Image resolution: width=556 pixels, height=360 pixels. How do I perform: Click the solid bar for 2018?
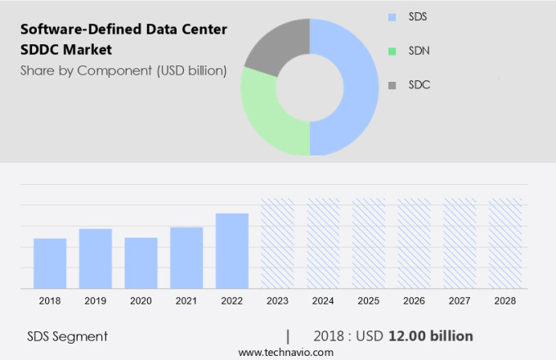(x=50, y=263)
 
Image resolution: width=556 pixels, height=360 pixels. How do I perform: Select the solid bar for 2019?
(x=96, y=258)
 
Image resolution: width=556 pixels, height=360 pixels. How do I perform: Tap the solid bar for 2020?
(x=141, y=263)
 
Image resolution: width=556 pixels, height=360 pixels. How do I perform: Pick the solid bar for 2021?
(x=186, y=257)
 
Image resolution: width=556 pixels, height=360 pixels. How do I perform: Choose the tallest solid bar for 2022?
(x=232, y=250)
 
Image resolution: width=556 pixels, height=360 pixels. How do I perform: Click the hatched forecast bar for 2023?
(x=277, y=243)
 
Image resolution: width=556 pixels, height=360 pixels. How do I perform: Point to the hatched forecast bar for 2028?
(x=505, y=243)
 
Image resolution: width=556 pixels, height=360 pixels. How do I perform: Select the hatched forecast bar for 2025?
(x=369, y=243)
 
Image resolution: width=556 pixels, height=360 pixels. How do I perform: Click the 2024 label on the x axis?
(x=323, y=301)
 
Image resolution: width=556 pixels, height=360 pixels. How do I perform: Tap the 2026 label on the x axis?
(x=415, y=301)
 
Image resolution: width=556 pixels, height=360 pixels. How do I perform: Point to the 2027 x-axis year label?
(x=460, y=301)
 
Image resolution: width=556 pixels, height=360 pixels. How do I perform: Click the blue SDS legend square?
(x=392, y=16)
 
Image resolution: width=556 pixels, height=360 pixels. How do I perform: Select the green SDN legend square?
(x=392, y=51)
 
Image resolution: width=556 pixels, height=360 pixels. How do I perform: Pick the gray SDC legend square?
(x=392, y=85)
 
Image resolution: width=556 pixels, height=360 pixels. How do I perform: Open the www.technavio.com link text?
(x=286, y=352)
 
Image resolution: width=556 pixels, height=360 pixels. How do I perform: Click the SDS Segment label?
(x=67, y=336)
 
